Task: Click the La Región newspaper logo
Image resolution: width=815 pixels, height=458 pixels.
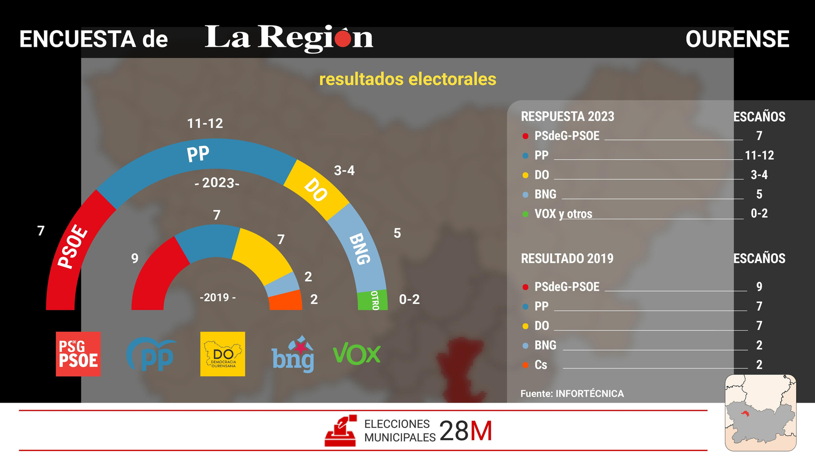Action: coord(289,38)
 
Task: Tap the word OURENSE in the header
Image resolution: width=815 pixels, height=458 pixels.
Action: coord(737,39)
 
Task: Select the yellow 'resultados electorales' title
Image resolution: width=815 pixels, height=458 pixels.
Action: coord(407,79)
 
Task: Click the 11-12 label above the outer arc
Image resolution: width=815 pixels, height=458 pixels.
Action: coord(205,124)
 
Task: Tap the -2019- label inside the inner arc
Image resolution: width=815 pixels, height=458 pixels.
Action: coord(218,298)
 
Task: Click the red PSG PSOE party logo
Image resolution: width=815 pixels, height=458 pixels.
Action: coord(78,354)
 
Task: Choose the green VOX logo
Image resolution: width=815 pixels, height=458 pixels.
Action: coord(357,354)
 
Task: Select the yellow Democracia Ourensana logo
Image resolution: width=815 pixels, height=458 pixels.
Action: coord(223,354)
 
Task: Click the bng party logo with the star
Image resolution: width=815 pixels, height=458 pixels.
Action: coord(293,355)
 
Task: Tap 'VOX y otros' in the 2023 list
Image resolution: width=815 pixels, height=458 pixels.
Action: coord(563,214)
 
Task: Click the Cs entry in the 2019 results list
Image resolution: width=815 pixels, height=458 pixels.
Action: coord(540,365)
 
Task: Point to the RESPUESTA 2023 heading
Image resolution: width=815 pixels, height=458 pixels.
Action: coord(567,117)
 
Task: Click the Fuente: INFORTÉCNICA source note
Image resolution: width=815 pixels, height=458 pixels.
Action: coord(572,393)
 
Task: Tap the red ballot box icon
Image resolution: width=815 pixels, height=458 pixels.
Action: coord(341,431)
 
